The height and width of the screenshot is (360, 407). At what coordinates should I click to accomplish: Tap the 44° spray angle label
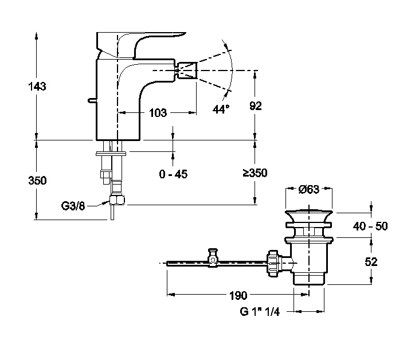click(220, 109)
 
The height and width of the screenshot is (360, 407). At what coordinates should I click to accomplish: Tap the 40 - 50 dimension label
click(370, 226)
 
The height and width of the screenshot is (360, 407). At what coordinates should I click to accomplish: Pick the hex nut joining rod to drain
click(273, 263)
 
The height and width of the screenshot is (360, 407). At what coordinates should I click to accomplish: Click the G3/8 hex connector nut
click(118, 201)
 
